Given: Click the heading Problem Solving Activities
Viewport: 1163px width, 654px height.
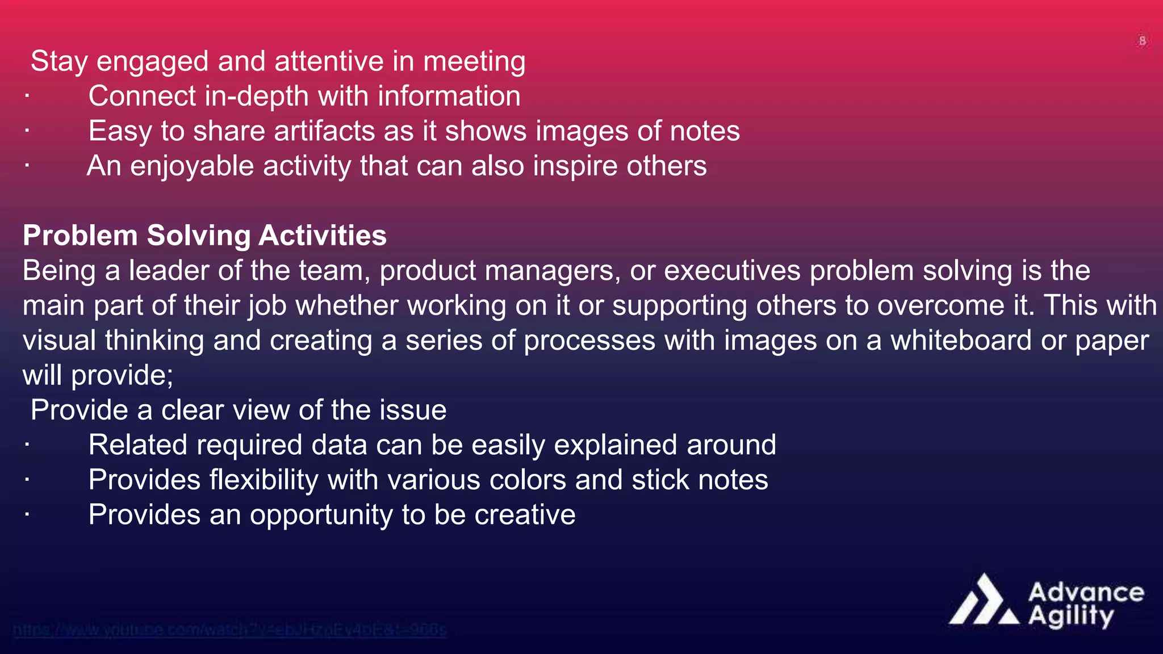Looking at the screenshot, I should coord(204,236).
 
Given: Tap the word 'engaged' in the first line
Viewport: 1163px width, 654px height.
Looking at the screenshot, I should coord(152,62).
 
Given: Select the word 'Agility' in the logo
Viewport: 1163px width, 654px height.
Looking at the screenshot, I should coord(1070,616).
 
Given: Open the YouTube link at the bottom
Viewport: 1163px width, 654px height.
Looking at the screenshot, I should coord(229,630).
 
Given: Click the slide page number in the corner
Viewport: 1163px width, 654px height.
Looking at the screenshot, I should coord(1142,41).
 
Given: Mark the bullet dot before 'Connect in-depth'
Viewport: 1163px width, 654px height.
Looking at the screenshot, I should coord(27,97).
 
